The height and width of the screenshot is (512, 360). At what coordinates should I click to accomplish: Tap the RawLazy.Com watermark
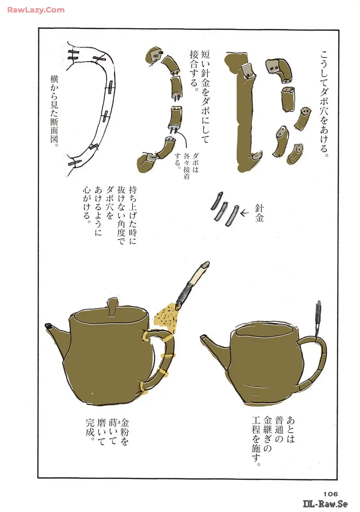pos(36,10)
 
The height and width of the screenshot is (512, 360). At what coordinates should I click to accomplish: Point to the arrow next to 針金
pos(244,213)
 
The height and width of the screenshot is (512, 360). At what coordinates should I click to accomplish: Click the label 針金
pos(259,213)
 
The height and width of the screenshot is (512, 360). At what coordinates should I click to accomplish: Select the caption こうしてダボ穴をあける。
pos(324,104)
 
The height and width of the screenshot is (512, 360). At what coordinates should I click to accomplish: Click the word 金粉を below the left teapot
pos(124,432)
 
